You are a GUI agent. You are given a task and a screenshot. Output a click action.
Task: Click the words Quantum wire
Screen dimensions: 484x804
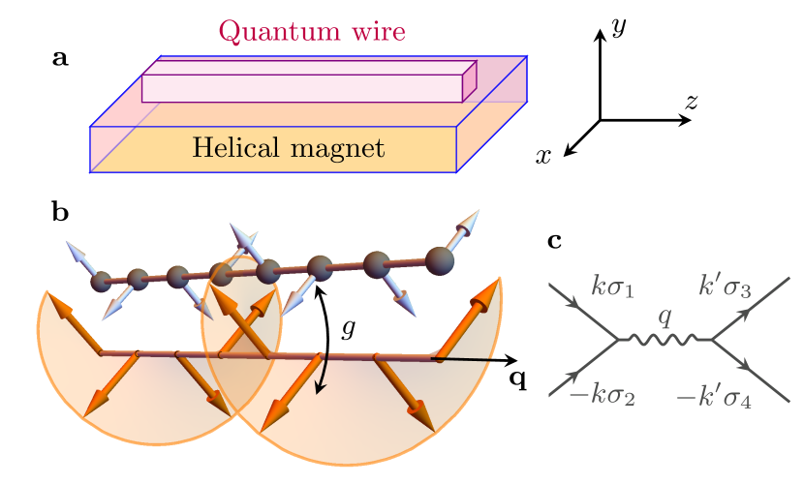[x=311, y=32]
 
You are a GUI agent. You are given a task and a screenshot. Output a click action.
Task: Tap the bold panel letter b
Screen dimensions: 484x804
[x=60, y=212]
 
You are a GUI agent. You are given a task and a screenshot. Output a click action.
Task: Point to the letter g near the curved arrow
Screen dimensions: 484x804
[x=349, y=328]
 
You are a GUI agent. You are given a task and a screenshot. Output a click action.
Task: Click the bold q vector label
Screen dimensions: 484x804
[x=518, y=378]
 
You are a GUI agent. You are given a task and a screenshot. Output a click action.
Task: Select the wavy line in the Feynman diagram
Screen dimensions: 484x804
[x=665, y=340]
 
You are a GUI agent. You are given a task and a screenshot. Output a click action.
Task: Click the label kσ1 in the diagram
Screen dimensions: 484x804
[x=612, y=287]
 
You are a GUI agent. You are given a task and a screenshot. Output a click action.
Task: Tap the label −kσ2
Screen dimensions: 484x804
[x=601, y=395]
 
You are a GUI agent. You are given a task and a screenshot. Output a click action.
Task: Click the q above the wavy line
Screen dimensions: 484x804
[x=664, y=317]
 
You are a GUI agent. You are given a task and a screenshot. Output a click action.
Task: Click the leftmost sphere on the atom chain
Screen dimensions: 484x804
[x=101, y=283]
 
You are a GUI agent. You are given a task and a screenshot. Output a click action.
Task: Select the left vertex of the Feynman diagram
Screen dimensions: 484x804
[x=617, y=340]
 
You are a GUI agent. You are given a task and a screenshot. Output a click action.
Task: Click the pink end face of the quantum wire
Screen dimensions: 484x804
[x=470, y=81]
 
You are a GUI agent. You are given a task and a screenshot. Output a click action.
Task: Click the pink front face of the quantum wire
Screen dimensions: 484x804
[x=301, y=88]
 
